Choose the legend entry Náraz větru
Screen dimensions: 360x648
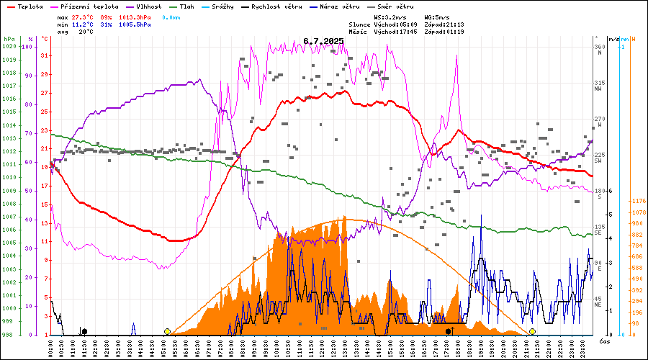(x=342, y=6)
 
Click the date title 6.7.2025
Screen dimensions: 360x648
(x=323, y=41)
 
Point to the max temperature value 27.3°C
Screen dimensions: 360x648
(x=84, y=16)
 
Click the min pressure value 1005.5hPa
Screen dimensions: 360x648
(x=135, y=24)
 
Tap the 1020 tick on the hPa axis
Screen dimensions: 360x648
(x=9, y=46)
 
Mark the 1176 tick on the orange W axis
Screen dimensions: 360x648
(x=637, y=202)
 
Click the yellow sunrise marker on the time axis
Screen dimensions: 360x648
(x=167, y=331)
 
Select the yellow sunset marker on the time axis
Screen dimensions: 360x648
(x=532, y=331)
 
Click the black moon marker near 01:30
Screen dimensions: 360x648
(x=84, y=331)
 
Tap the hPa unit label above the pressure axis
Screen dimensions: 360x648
(x=9, y=38)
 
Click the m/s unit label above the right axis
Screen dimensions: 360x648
(x=613, y=38)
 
